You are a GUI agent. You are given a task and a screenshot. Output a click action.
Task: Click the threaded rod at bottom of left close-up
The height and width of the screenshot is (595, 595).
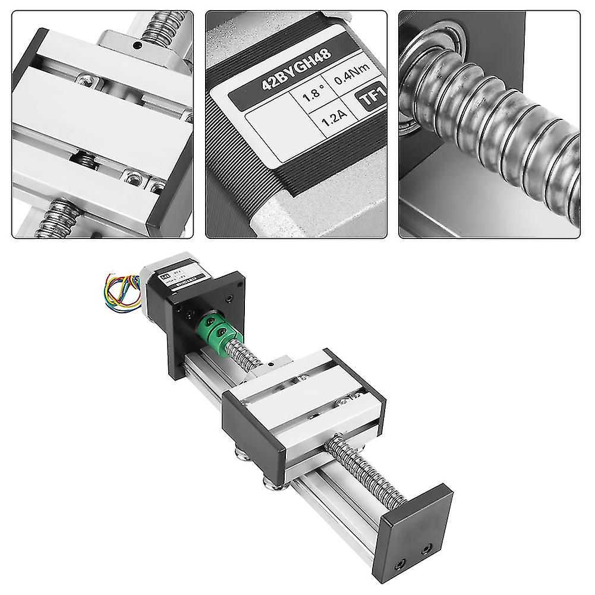56,218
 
